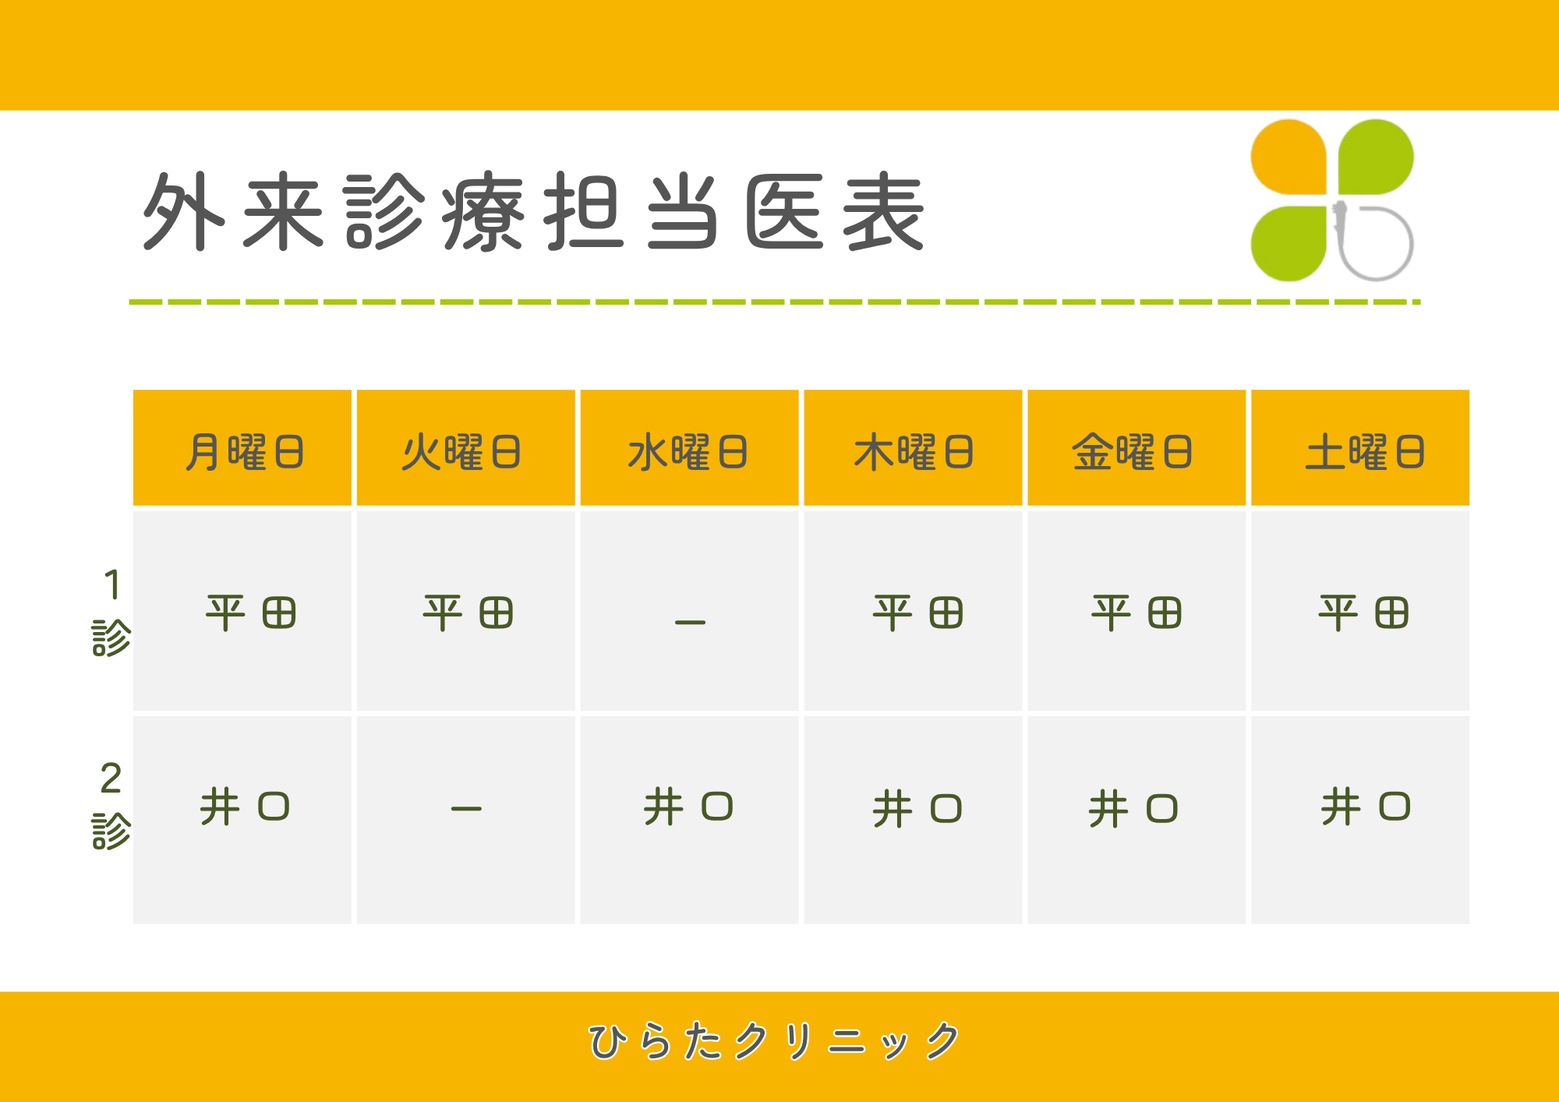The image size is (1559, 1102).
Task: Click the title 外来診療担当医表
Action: pyautogui.click(x=533, y=212)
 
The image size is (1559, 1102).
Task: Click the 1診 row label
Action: pyautogui.click(x=111, y=613)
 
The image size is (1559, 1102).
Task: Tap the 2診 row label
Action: pyautogui.click(x=111, y=806)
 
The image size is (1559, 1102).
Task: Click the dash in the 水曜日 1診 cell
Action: pyautogui.click(x=690, y=622)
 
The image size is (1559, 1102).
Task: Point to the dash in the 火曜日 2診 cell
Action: pyautogui.click(x=466, y=809)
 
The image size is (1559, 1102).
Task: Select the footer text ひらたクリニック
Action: pyautogui.click(x=774, y=1041)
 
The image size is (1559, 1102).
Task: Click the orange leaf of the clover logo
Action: pyautogui.click(x=1289, y=157)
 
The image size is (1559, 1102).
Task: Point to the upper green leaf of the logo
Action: pyautogui.click(x=1376, y=157)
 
